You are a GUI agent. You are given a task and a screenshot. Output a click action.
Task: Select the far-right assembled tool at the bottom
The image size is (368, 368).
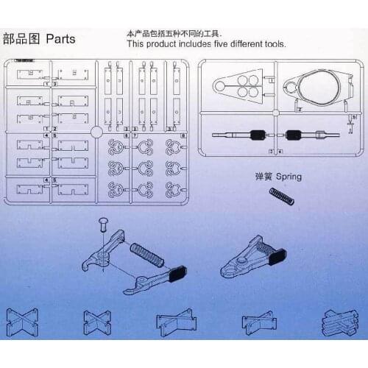tap(339, 324)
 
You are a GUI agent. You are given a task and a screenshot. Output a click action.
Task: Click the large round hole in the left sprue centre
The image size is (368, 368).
tap(96, 132)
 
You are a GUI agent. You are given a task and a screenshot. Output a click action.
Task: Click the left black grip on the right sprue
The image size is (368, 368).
tap(258, 135)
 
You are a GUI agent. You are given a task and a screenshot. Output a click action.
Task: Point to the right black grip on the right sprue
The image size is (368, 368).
tap(296, 135)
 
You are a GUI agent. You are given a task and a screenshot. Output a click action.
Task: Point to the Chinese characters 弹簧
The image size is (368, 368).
tap(263, 177)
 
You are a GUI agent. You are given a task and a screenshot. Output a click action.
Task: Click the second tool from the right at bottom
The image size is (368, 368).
tap(260, 325)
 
